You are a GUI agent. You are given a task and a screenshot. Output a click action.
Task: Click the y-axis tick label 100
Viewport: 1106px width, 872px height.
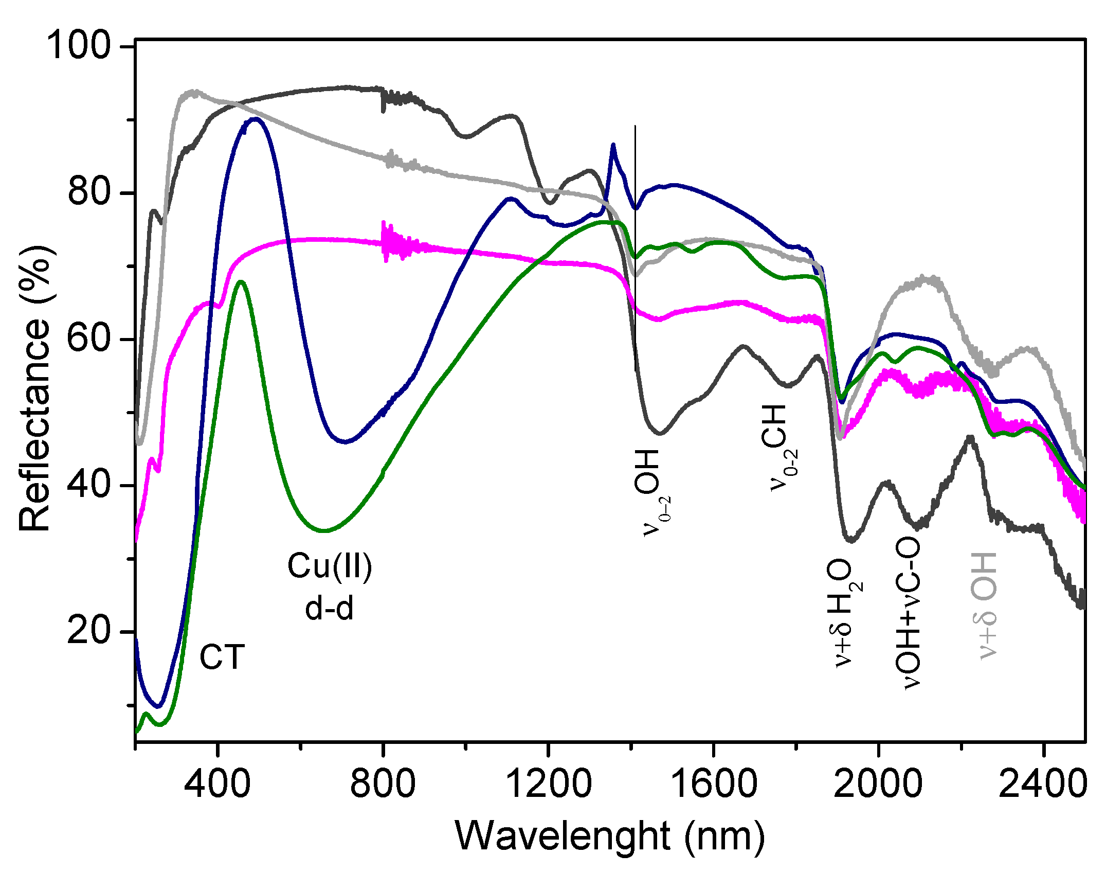(78, 46)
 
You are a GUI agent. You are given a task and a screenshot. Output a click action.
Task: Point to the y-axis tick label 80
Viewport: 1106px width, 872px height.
(89, 192)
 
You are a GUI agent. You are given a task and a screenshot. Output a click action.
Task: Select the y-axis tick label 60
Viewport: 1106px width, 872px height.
(89, 339)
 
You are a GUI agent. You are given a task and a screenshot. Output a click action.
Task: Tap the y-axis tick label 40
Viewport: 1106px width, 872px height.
(89, 485)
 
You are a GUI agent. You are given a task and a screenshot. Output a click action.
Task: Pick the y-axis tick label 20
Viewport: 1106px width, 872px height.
(89, 631)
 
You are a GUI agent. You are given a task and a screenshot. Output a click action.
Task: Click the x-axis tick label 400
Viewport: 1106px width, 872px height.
(218, 785)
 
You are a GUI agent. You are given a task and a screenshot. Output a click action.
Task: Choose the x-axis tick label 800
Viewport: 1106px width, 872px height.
(383, 785)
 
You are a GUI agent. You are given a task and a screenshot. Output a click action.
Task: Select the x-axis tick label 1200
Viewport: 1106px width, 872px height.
(548, 785)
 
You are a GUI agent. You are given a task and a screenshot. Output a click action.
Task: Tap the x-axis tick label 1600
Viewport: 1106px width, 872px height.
(713, 785)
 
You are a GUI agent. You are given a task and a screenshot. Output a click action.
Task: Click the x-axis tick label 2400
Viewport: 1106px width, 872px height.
(1043, 785)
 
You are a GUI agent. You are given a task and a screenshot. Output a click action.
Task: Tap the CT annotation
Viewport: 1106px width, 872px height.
(222, 658)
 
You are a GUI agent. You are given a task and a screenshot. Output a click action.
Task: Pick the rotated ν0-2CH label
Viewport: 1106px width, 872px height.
(779, 448)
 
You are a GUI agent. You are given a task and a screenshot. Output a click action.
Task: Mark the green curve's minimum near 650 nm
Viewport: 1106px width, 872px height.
(324, 530)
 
